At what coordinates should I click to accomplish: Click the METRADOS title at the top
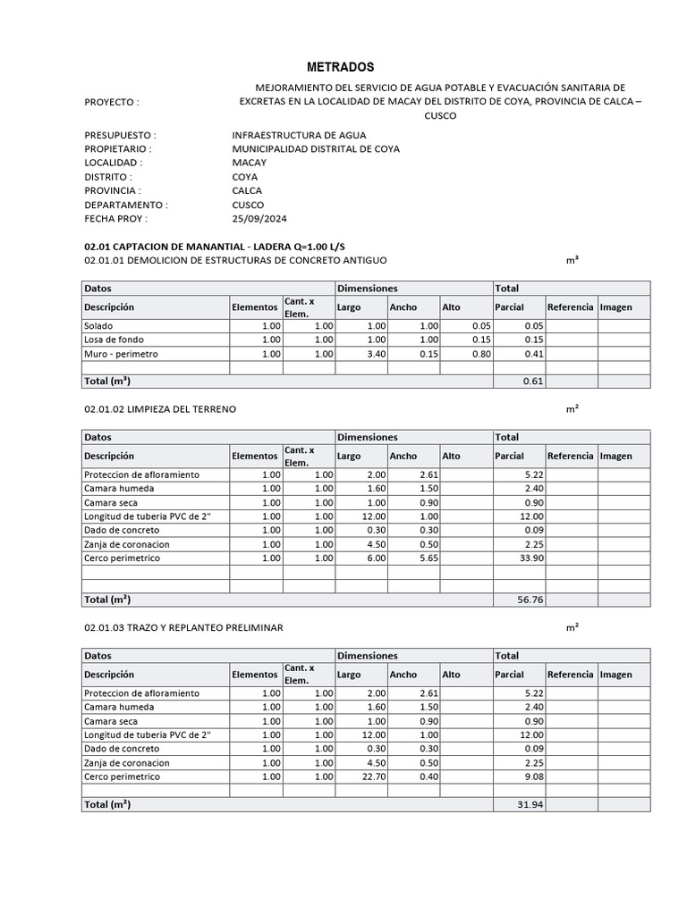341,67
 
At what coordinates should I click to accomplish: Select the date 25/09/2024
259,219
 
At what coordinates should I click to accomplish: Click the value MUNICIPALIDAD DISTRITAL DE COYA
316,149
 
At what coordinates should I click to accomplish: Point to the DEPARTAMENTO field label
125,205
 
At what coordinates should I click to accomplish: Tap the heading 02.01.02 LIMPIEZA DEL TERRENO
160,409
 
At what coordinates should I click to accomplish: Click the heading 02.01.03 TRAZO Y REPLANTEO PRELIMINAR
183,628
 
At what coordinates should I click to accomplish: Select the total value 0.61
533,382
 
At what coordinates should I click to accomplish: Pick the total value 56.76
530,600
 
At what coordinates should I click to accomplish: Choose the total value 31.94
530,805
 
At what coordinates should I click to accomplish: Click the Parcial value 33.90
530,558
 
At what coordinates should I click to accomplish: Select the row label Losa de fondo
114,340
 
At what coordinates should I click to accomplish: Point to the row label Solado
98,326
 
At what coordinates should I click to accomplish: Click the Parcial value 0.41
533,354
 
